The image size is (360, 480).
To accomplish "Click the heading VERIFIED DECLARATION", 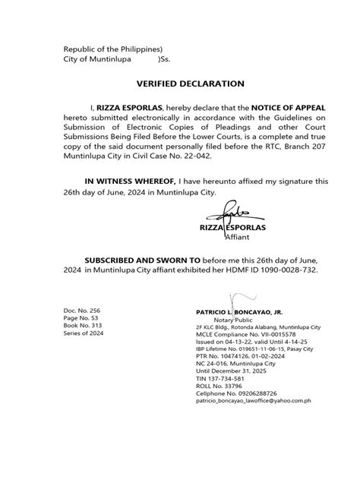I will pyautogui.click(x=179, y=84).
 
